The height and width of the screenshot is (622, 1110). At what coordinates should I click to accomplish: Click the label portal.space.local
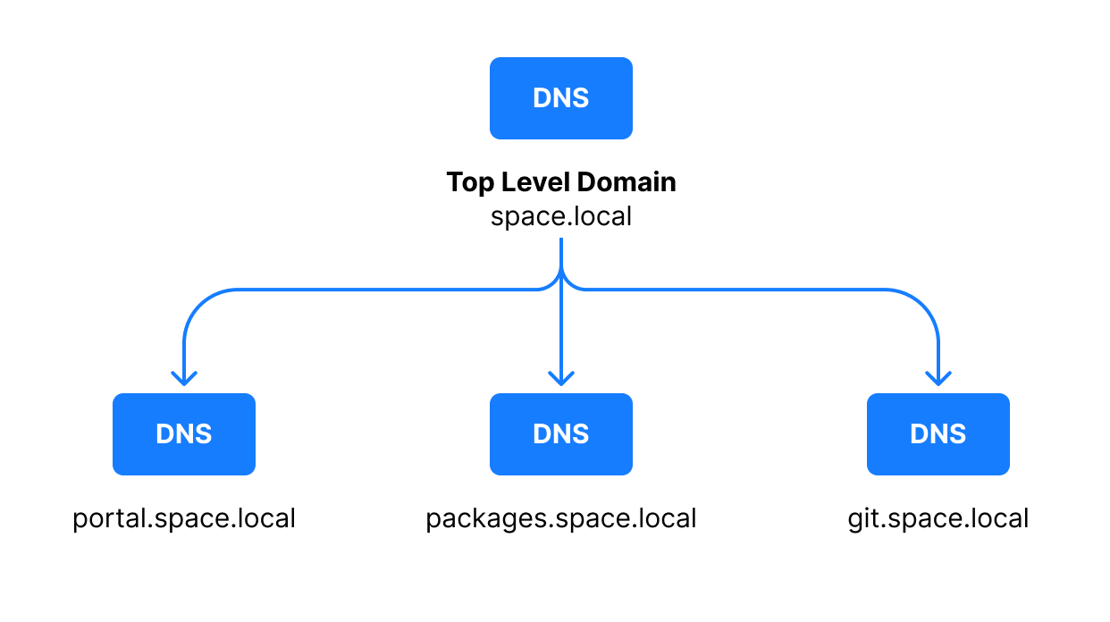point(184,518)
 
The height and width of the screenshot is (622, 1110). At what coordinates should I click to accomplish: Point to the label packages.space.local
point(560,518)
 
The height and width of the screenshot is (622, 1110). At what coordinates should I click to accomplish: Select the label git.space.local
point(938,518)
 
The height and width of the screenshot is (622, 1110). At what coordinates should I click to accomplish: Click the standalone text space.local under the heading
point(560,216)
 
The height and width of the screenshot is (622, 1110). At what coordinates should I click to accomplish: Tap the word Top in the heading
point(469,182)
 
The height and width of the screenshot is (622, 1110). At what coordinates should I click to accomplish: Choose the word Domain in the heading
point(626,182)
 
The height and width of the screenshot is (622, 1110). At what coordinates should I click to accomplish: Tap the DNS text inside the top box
point(560,98)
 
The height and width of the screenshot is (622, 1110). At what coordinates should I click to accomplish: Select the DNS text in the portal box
point(183,434)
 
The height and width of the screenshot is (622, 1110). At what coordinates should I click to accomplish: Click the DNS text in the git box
point(938,434)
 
